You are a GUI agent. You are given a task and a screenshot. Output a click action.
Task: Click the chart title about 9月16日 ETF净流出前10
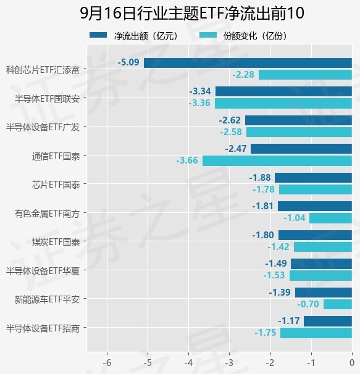pyautogui.click(x=192, y=13)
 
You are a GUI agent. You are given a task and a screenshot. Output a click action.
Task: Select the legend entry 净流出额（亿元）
pyautogui.click(x=133, y=36)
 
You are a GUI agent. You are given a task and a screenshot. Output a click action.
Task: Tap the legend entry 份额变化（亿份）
pyautogui.click(x=243, y=36)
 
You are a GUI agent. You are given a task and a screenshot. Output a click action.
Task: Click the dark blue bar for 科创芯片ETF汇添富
pyautogui.click(x=248, y=63)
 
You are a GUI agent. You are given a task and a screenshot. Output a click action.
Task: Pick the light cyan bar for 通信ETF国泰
pyautogui.click(x=277, y=160)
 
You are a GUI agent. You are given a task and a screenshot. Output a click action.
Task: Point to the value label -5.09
pyautogui.click(x=128, y=62)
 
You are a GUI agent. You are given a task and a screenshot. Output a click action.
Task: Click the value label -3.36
pyautogui.click(x=199, y=103)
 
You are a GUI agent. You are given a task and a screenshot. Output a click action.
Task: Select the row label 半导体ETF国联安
pyautogui.click(x=47, y=99)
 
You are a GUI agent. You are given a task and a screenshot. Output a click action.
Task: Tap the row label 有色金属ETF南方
pyautogui.click(x=47, y=214)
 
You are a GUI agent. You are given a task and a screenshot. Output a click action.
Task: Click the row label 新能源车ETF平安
pyautogui.click(x=47, y=299)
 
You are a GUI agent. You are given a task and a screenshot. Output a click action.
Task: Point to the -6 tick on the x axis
pyautogui.click(x=107, y=362)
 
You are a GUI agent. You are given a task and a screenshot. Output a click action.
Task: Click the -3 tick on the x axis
pyautogui.click(x=230, y=362)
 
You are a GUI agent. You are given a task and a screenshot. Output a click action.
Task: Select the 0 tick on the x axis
pyautogui.click(x=351, y=362)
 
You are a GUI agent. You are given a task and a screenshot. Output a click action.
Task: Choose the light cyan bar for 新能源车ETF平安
pyautogui.click(x=338, y=304)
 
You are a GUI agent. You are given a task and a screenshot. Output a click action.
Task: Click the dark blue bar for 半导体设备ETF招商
pyautogui.click(x=328, y=321)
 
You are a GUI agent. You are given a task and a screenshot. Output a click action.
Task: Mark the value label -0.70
pyautogui.click(x=308, y=304)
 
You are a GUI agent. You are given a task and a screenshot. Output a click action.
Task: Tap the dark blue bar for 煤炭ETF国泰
pyautogui.click(x=315, y=235)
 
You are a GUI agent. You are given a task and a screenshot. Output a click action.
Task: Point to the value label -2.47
pyautogui.click(x=236, y=149)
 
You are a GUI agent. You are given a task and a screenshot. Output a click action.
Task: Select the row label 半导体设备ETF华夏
pyautogui.click(x=43, y=271)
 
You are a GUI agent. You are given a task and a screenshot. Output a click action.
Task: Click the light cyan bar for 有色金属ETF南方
pyautogui.click(x=330, y=218)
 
